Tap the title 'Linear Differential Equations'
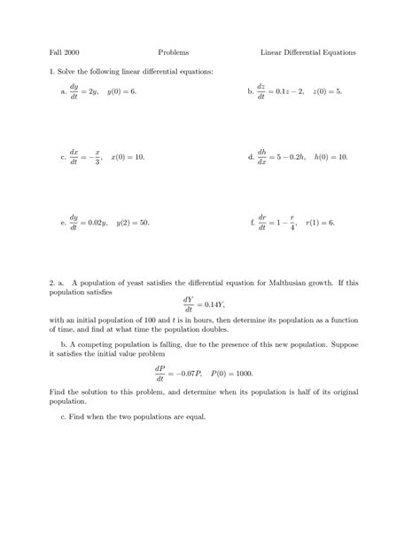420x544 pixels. coord(307,52)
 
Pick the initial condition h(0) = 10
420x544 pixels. coord(331,156)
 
